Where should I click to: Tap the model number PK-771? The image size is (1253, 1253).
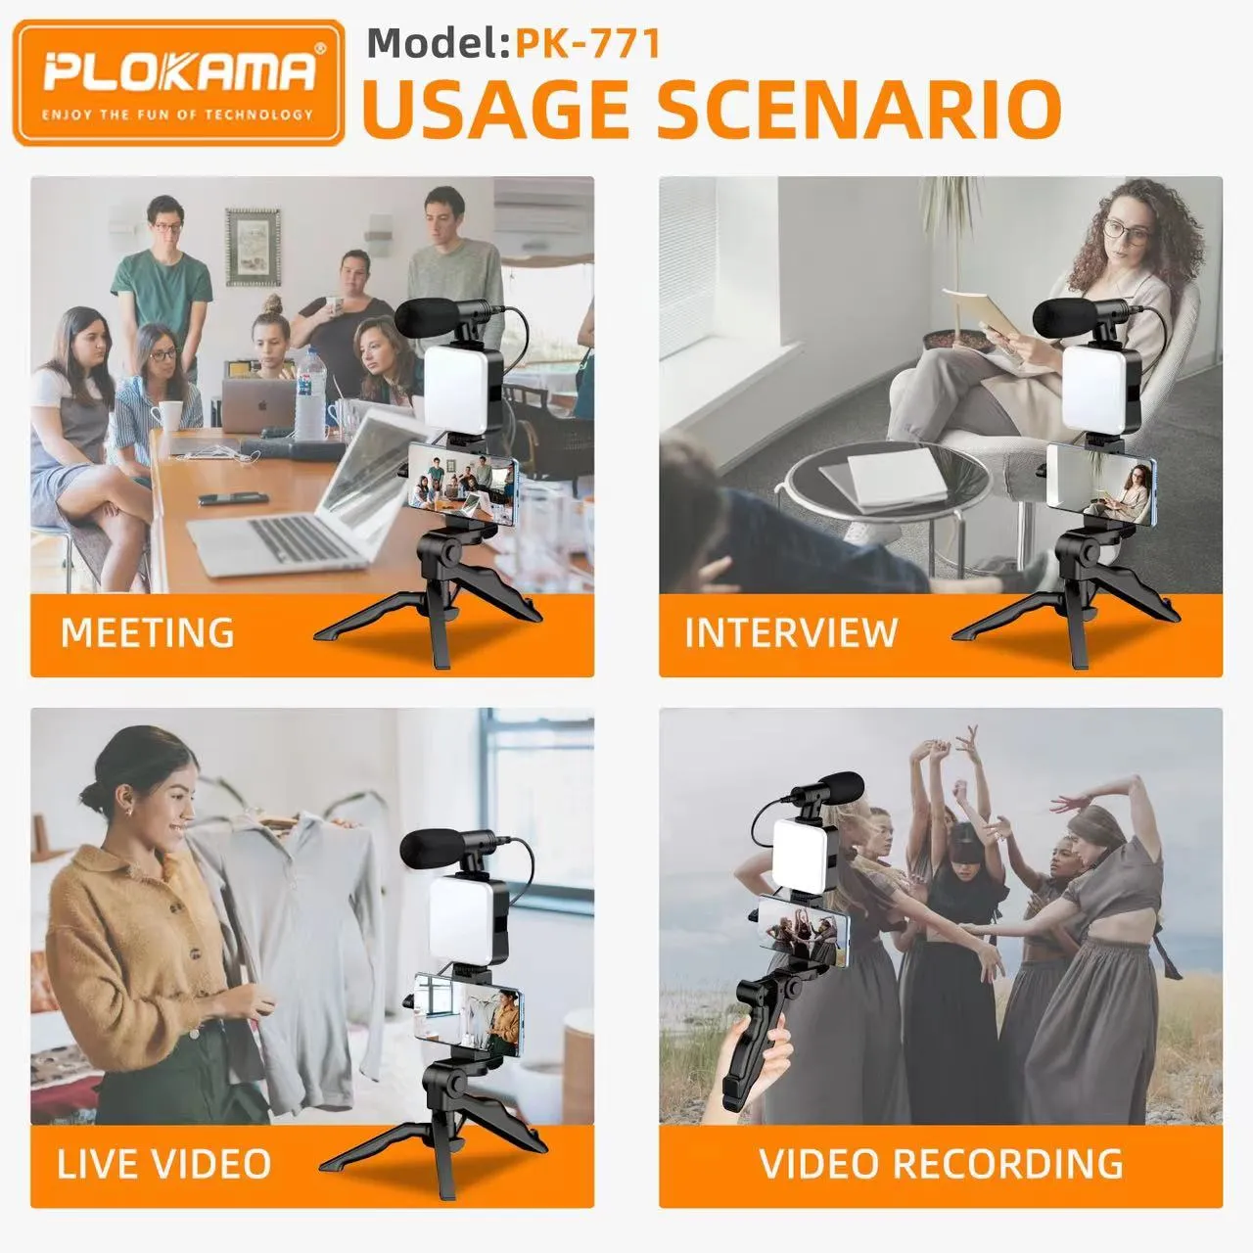pyautogui.click(x=587, y=44)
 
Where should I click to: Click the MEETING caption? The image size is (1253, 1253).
pyautogui.click(x=148, y=632)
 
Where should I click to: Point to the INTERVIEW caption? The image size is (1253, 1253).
pyautogui.click(x=791, y=632)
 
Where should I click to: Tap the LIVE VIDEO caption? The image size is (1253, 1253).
pyautogui.click(x=163, y=1164)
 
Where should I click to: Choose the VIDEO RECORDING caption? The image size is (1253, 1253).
pyautogui.click(x=941, y=1164)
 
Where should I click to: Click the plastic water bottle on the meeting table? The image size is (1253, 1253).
pyautogui.click(x=311, y=394)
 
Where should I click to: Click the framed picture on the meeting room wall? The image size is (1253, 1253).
pyautogui.click(x=253, y=247)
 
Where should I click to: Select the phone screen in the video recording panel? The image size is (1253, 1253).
pyautogui.click(x=804, y=931)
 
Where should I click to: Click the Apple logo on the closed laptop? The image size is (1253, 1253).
pyautogui.click(x=262, y=405)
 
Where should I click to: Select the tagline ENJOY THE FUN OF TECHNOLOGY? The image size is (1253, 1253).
pyautogui.click(x=177, y=116)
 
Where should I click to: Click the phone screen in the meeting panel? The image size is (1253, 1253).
pyautogui.click(x=461, y=483)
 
